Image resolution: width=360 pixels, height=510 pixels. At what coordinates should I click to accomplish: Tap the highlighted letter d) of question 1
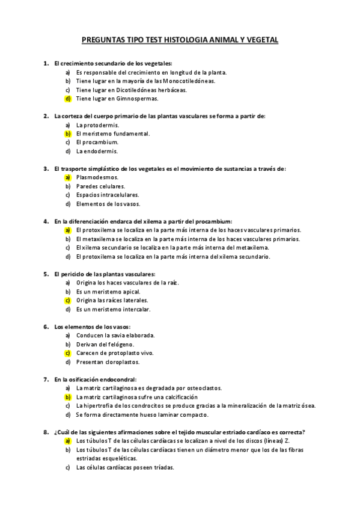pos(68,99)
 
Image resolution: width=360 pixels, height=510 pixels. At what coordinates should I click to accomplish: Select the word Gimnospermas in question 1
pos(138,99)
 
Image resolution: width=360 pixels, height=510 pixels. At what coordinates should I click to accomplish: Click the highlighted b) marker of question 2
pos(68,134)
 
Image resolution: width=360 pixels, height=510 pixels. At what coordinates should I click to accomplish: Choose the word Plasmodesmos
pos(97,177)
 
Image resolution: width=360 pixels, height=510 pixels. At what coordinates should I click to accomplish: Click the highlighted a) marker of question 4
pos(68,230)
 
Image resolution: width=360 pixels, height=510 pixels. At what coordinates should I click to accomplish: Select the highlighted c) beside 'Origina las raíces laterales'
pos(68,300)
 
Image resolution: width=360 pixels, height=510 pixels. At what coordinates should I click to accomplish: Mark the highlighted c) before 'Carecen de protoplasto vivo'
pos(68,353)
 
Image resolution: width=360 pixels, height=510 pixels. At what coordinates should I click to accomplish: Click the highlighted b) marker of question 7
pos(68,398)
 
